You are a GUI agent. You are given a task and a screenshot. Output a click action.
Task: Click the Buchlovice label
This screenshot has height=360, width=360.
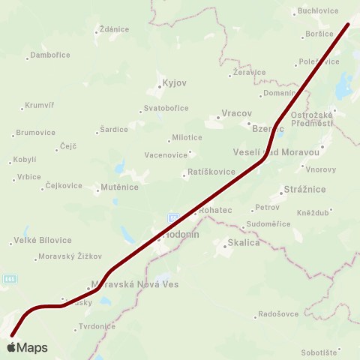[x=318, y=11]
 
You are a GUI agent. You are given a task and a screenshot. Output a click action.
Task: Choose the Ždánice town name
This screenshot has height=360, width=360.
[x=114, y=29]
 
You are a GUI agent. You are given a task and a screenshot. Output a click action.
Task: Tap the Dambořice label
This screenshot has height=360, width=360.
[x=51, y=55]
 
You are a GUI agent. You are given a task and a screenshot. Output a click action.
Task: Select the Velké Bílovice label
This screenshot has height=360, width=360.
[x=43, y=240]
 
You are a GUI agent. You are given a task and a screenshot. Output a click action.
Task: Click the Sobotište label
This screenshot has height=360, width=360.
[x=319, y=351]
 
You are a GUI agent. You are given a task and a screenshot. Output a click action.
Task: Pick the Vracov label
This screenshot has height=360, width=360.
[x=229, y=116]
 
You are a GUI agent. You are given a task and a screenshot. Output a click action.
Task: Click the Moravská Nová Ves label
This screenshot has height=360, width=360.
[x=134, y=285]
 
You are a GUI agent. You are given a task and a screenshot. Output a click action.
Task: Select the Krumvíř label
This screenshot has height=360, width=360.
[x=41, y=105]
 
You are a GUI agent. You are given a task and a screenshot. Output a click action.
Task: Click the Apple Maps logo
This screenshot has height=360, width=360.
[x=27, y=348]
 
